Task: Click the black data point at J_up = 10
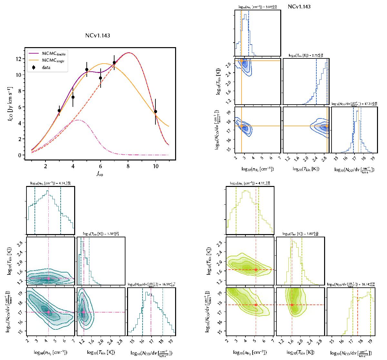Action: click(155, 111)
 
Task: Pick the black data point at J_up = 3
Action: click(59, 110)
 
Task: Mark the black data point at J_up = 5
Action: click(87, 69)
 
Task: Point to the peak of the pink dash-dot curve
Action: click(78, 120)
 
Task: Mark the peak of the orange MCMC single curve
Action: click(104, 64)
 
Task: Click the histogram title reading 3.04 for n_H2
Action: click(257, 6)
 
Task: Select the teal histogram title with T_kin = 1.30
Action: click(101, 233)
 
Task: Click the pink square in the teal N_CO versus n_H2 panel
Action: click(48, 312)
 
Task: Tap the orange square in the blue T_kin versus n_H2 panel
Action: click(242, 61)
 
